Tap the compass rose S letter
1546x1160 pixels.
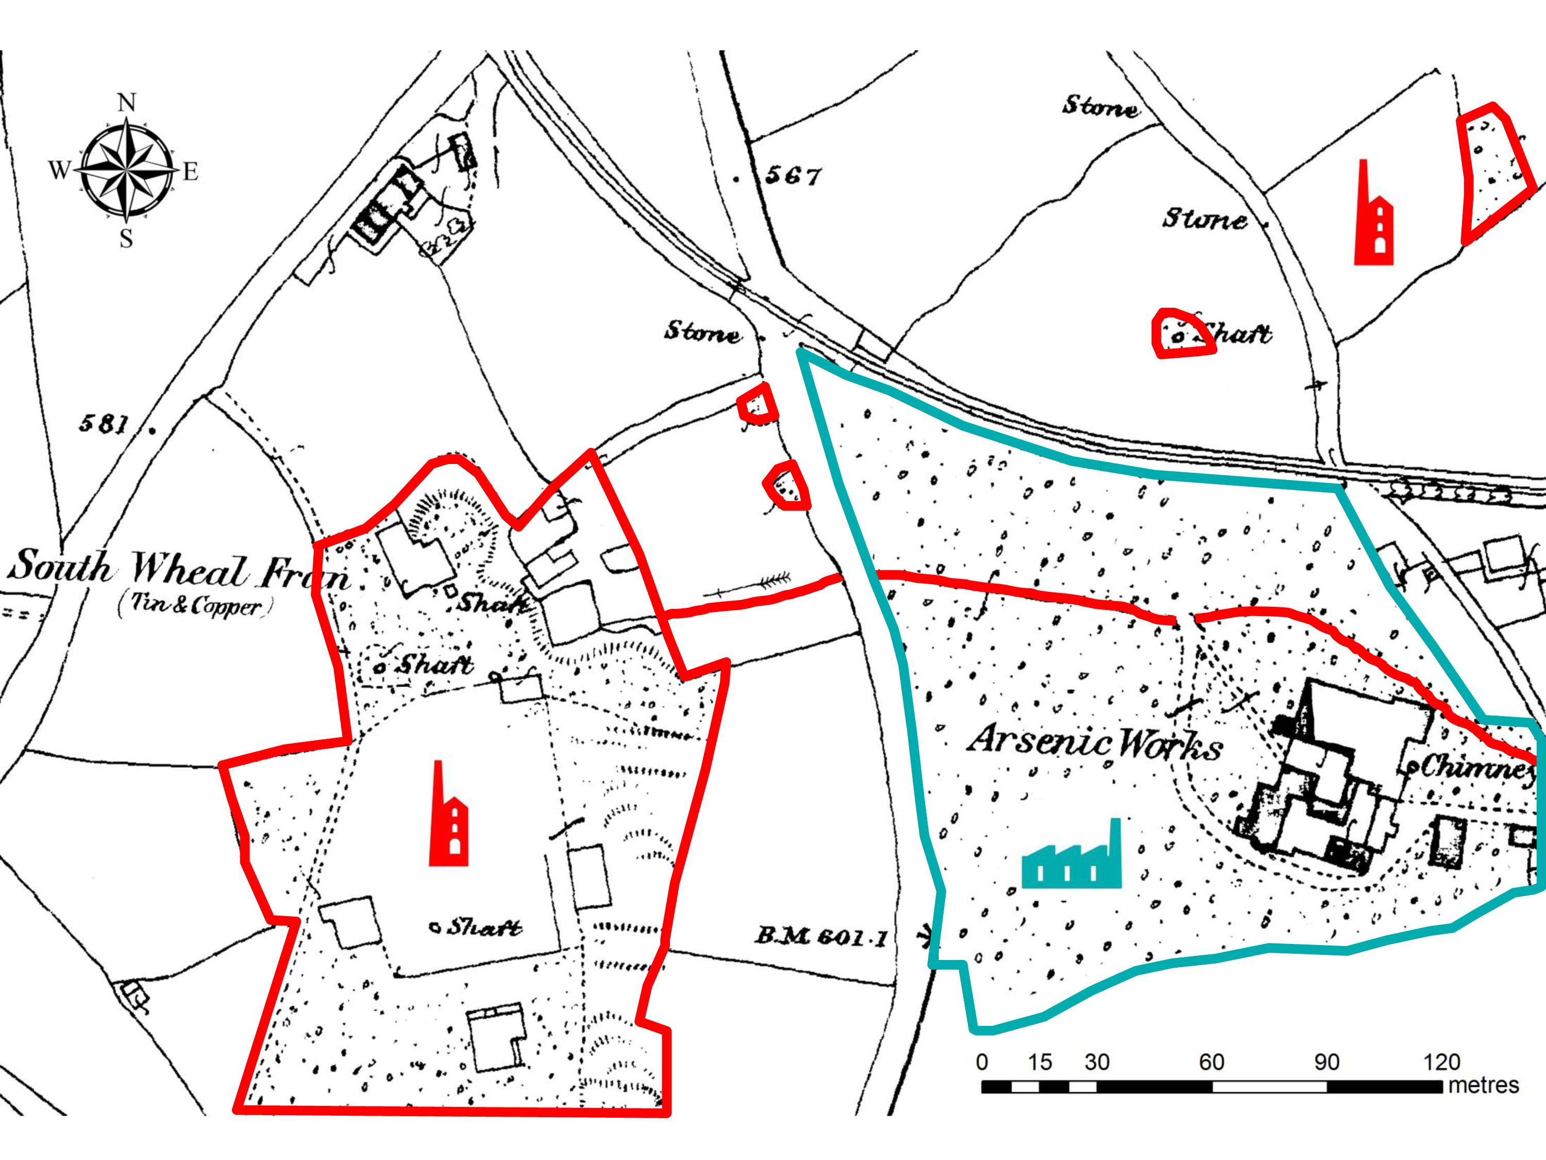pyautogui.click(x=126, y=238)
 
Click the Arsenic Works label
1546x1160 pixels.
pyautogui.click(x=1095, y=742)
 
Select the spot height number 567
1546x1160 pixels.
pyautogui.click(x=793, y=175)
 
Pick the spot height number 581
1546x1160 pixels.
pyautogui.click(x=104, y=423)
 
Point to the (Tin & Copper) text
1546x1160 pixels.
pyautogui.click(x=195, y=605)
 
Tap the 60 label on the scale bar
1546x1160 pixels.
pyautogui.click(x=1211, y=1062)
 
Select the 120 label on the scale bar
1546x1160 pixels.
pyautogui.click(x=1441, y=1062)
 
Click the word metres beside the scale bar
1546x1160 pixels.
pyautogui.click(x=1483, y=1085)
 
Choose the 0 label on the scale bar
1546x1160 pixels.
pyautogui.click(x=982, y=1062)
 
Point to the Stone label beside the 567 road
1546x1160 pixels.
pyautogui.click(x=702, y=331)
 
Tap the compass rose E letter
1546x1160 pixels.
pyautogui.click(x=190, y=171)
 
